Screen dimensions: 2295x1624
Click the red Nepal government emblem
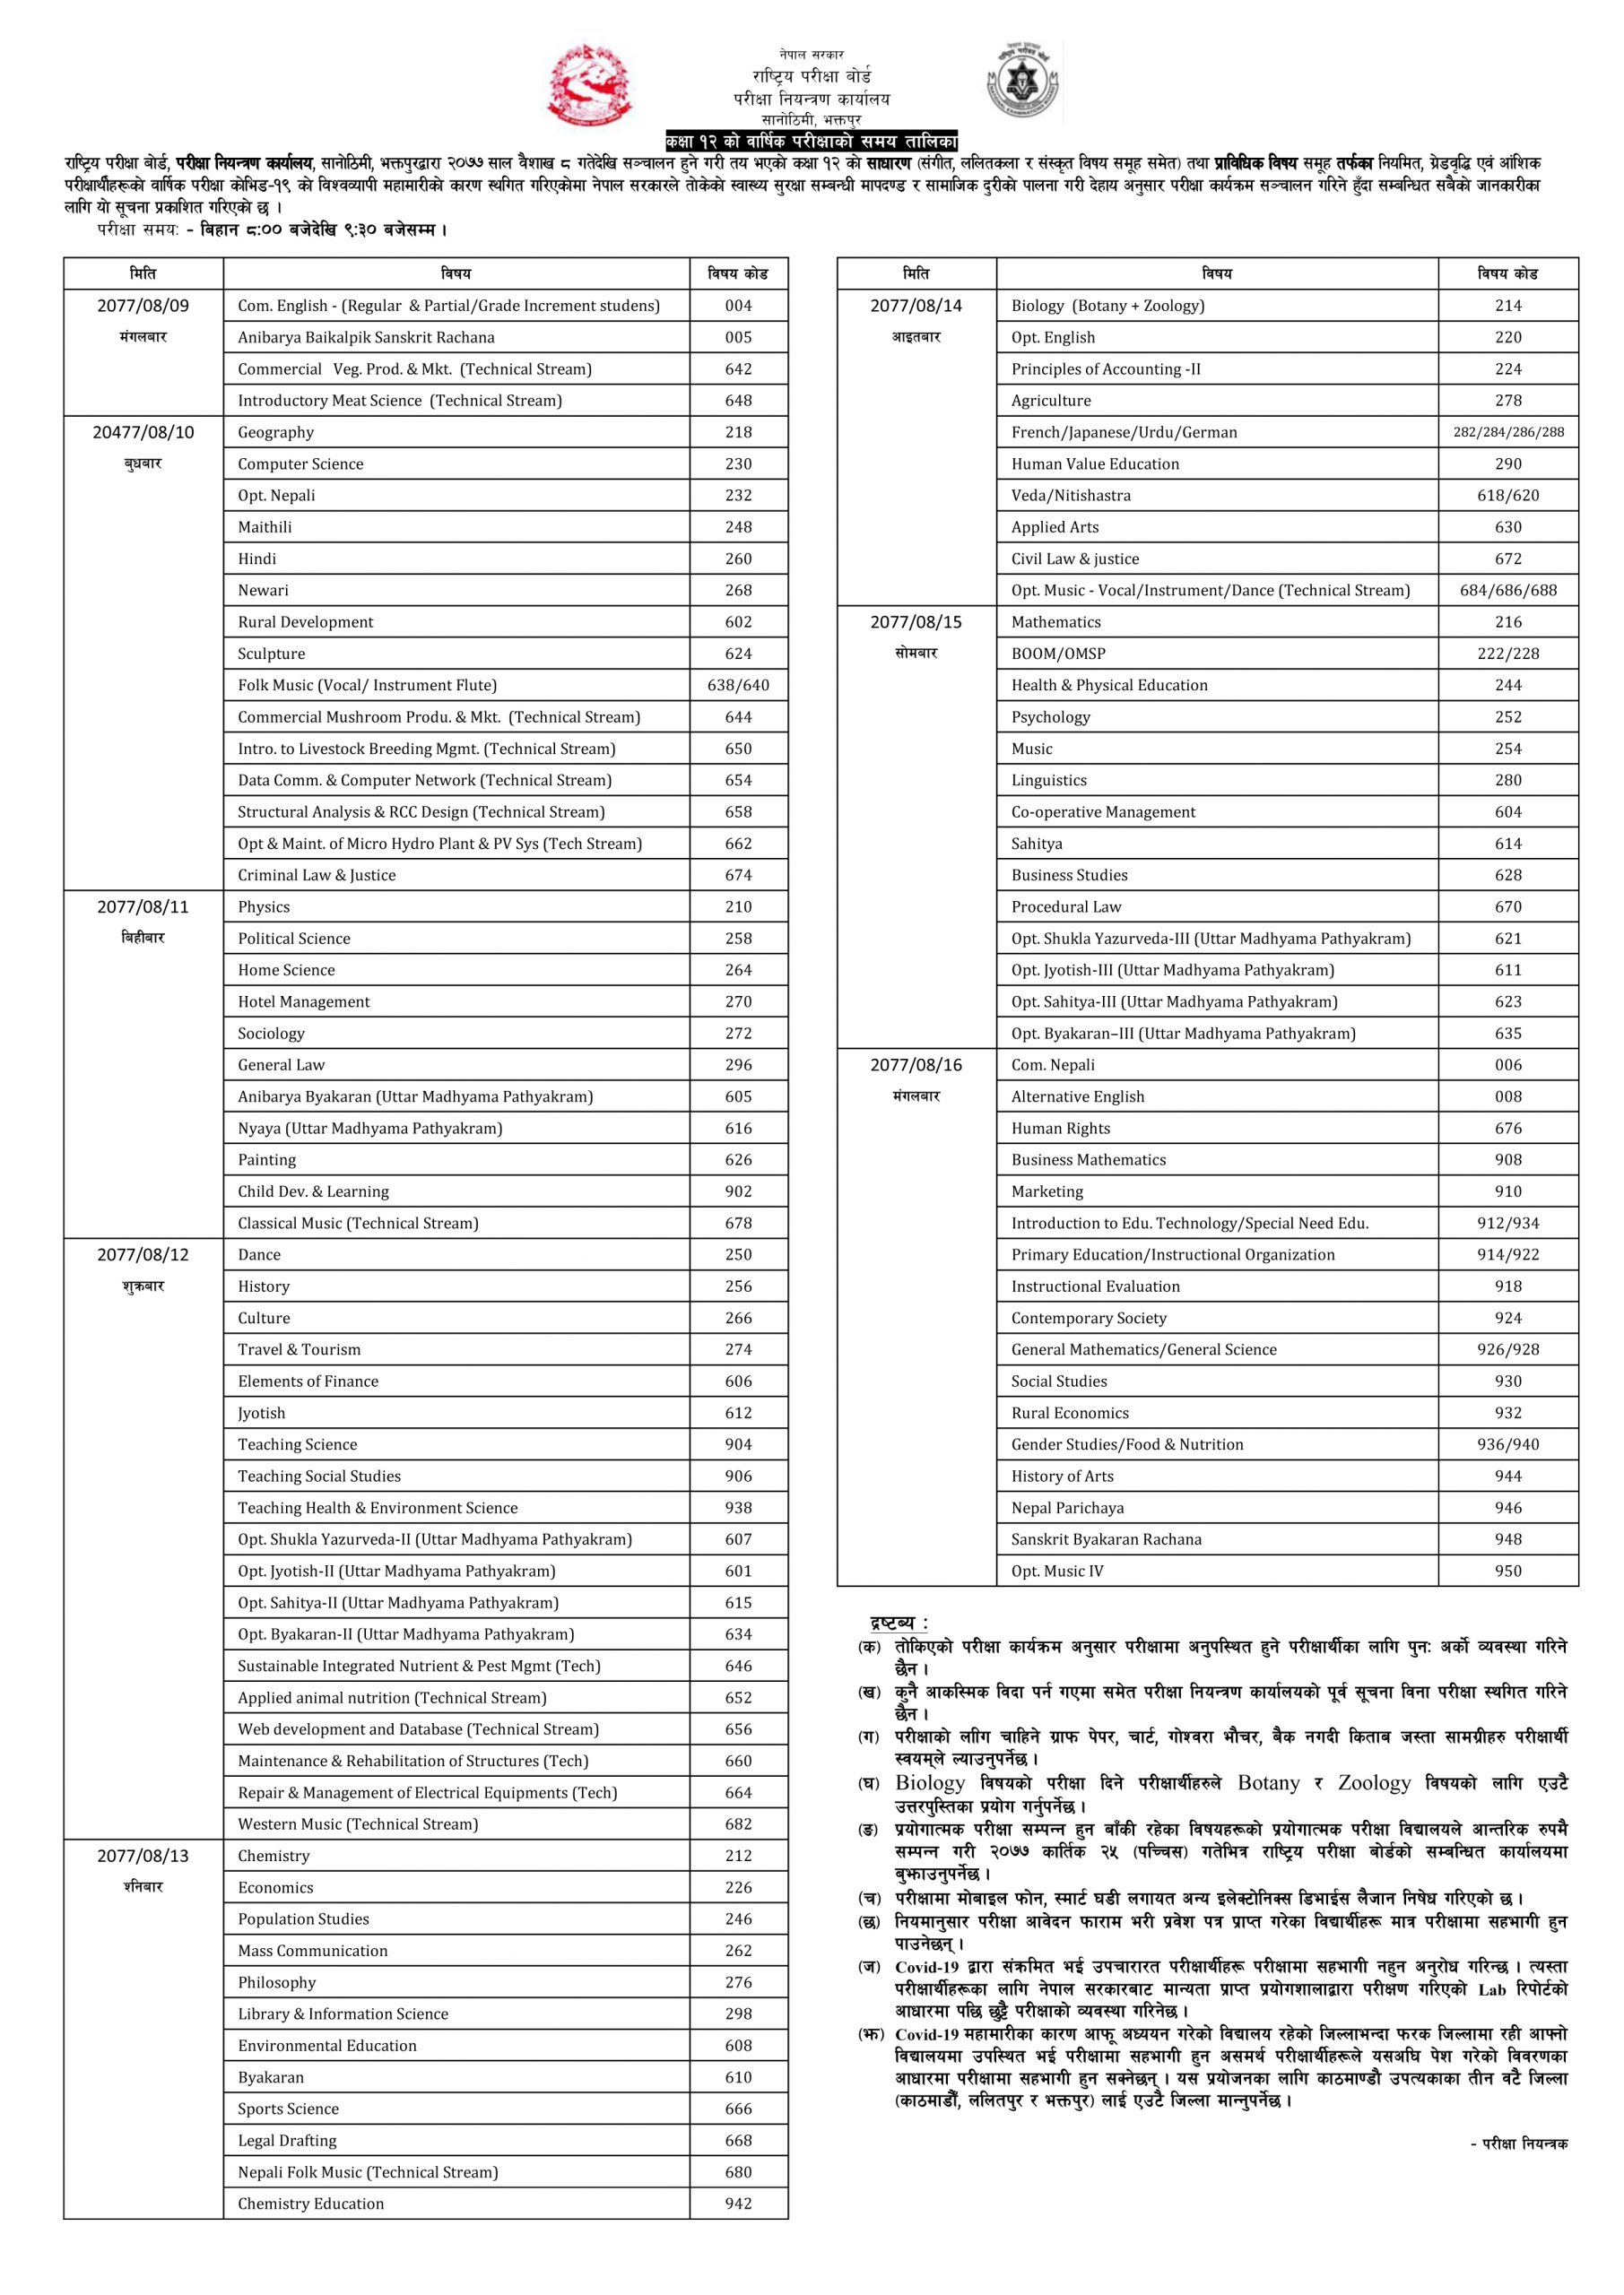(589, 85)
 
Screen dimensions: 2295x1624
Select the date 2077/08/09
(143, 306)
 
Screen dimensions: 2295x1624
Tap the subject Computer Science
(300, 463)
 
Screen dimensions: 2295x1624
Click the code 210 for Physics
(738, 906)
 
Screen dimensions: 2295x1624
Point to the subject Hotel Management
(303, 1001)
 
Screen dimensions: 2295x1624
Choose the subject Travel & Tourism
(299, 1349)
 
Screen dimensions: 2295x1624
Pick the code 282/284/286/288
(1508, 432)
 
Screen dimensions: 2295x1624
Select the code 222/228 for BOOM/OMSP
(1508, 654)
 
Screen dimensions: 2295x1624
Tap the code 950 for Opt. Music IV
(1508, 1572)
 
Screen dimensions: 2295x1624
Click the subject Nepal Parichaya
(1067, 1509)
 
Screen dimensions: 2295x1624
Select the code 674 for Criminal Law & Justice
(738, 876)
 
